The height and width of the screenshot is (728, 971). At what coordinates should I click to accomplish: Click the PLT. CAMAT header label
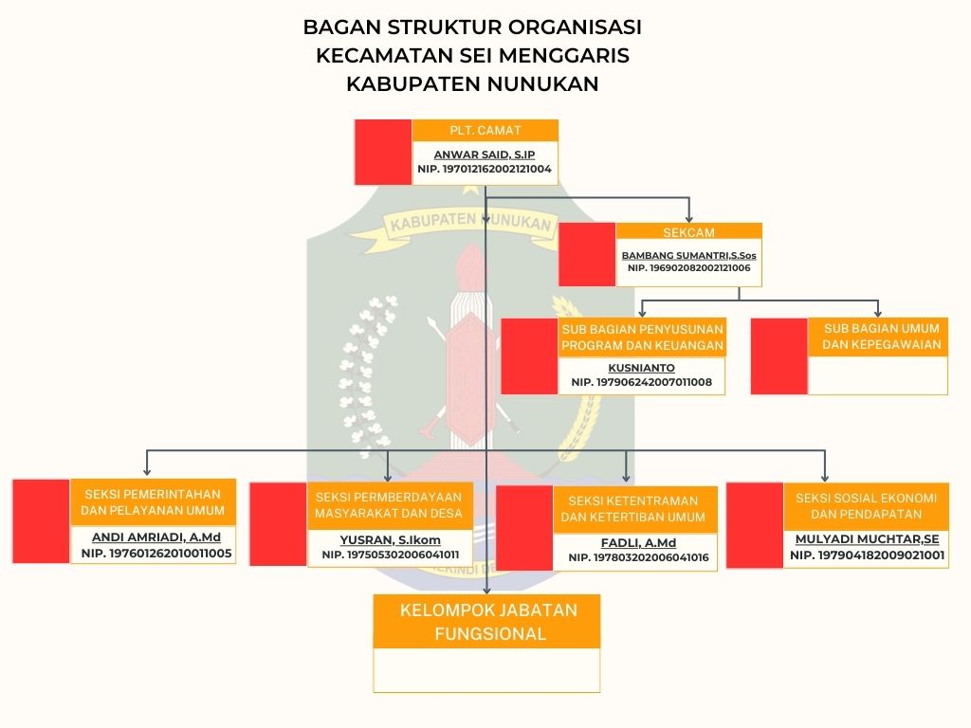point(485,131)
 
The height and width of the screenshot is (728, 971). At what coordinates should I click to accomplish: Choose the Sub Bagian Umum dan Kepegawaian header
point(877,337)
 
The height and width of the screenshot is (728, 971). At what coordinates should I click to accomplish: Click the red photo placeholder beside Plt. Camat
point(383,152)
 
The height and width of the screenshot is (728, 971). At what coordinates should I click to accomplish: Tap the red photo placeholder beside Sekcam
point(587,254)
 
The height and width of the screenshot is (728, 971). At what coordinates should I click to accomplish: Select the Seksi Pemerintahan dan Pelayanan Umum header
point(153,502)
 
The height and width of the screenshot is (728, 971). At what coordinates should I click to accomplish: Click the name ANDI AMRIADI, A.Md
point(156,537)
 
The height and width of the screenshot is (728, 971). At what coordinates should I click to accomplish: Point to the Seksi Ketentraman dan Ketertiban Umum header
point(632,509)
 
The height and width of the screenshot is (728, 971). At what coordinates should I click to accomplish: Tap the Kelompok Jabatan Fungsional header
point(487,622)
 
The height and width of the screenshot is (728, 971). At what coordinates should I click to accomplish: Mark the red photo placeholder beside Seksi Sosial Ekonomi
point(755,525)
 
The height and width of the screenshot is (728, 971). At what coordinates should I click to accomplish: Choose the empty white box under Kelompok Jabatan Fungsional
point(487,670)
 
